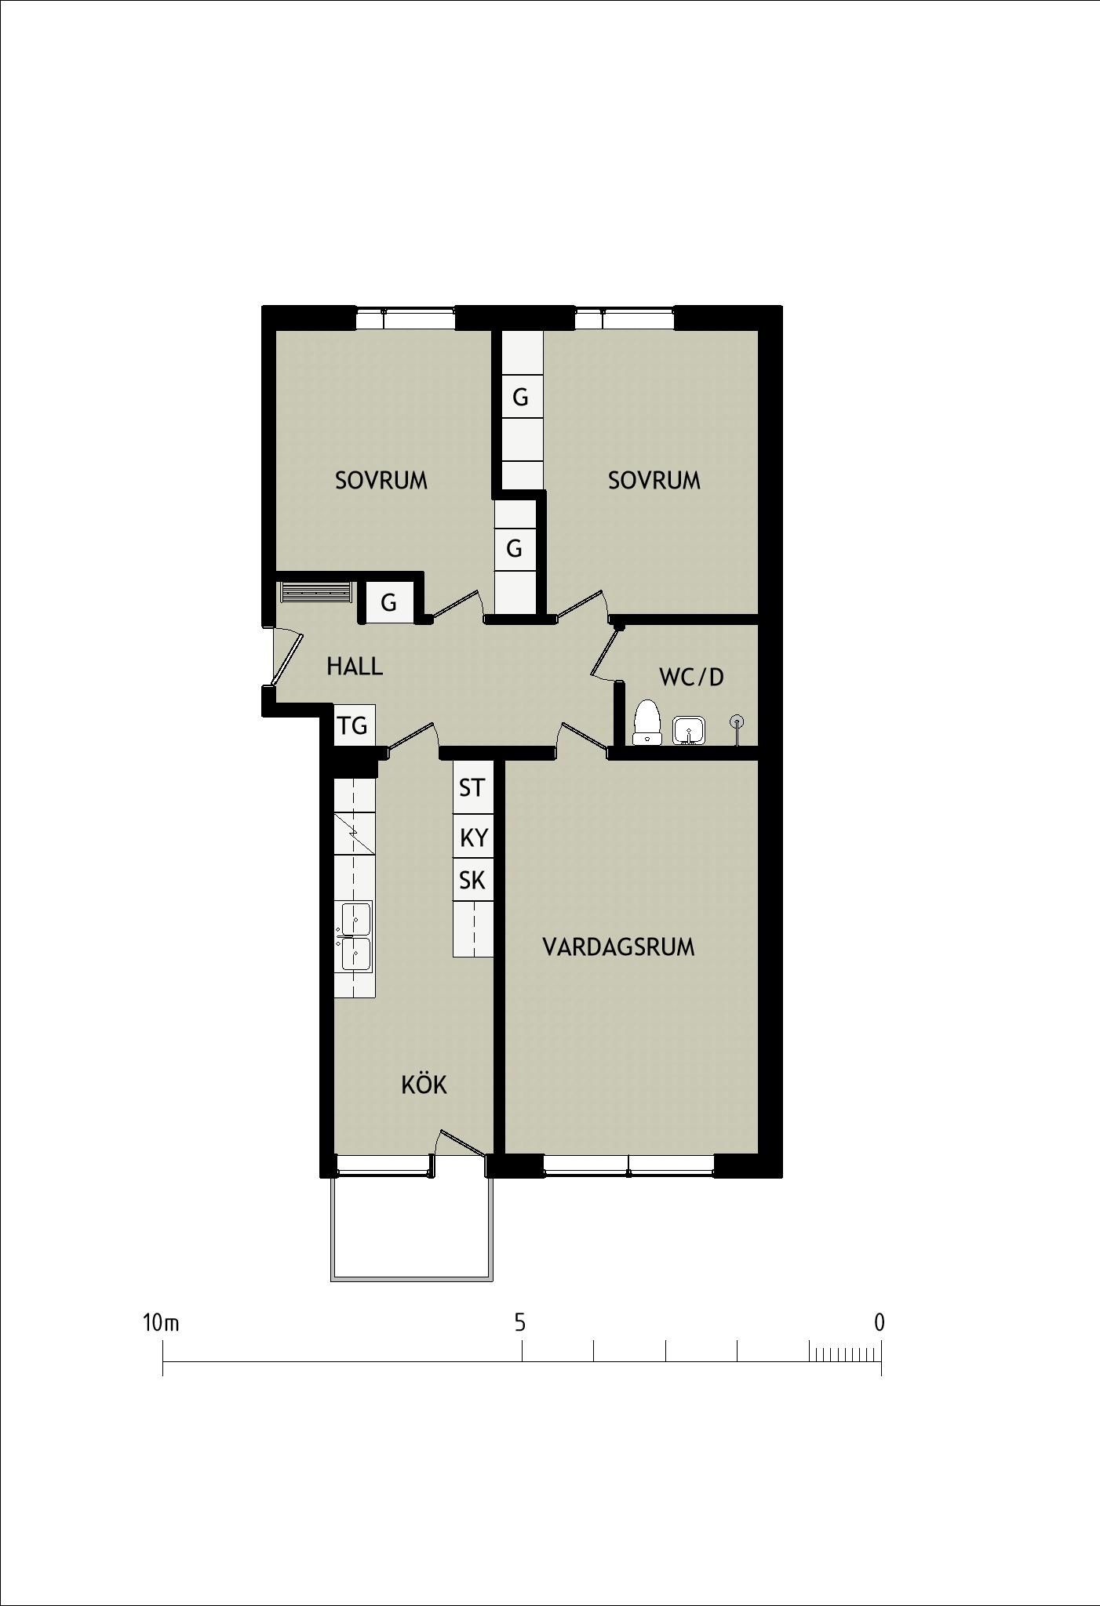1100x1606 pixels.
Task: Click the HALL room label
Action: click(x=355, y=667)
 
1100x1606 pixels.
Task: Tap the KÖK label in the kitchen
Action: click(x=424, y=1085)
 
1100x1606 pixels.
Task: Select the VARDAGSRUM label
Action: click(x=618, y=947)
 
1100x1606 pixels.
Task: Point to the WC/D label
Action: click(x=691, y=677)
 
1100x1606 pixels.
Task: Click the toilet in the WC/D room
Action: click(x=646, y=721)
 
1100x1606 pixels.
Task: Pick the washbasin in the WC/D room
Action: click(x=689, y=730)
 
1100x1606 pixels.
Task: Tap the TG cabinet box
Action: click(x=354, y=725)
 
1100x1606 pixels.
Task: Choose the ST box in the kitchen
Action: click(x=472, y=787)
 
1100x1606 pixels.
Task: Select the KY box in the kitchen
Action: click(x=473, y=837)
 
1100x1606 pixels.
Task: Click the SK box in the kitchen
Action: click(x=472, y=880)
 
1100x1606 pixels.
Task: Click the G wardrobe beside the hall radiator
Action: click(x=388, y=602)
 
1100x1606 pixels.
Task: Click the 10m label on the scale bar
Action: click(x=161, y=1323)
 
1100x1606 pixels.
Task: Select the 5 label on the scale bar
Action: click(x=519, y=1323)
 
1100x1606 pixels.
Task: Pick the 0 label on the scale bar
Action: click(x=879, y=1323)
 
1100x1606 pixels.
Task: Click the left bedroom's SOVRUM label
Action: click(x=381, y=480)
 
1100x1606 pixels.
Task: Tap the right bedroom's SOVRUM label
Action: click(x=654, y=480)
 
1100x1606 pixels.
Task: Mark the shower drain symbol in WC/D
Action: click(x=737, y=721)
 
